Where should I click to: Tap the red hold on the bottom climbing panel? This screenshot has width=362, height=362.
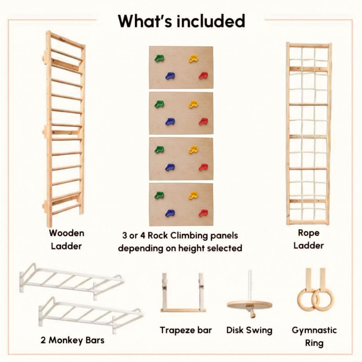click(x=203, y=213)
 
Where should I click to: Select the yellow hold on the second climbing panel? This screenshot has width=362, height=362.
click(x=193, y=104)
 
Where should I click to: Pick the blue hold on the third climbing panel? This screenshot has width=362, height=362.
click(x=170, y=167)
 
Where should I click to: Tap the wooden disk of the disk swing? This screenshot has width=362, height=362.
click(x=249, y=304)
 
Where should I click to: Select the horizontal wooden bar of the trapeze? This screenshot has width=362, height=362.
click(x=183, y=310)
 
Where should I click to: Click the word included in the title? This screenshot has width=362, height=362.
click(x=211, y=21)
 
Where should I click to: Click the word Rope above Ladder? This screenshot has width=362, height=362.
click(x=309, y=233)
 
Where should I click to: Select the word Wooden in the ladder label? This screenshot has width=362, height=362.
click(x=67, y=233)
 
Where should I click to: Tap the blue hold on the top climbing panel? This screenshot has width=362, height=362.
click(x=170, y=76)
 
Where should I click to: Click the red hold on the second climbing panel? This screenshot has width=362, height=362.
click(x=203, y=122)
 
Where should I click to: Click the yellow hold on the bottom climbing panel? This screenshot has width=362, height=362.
click(x=193, y=195)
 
